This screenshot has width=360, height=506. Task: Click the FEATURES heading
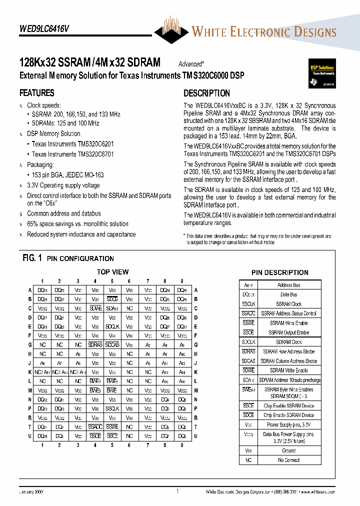36,93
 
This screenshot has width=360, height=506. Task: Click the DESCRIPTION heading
206,93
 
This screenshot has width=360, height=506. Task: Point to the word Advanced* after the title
191,64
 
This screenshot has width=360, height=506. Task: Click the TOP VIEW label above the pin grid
112,272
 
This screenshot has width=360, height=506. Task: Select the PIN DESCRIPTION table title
279,272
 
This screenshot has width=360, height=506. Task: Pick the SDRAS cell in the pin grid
95,345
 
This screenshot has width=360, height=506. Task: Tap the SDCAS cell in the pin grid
112,345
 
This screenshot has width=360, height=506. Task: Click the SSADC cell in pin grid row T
95,426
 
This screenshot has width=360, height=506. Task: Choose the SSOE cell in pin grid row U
95,435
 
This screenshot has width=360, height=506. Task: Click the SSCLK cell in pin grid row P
112,408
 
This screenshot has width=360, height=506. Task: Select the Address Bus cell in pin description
288,285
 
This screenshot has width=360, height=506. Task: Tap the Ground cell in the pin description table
288,450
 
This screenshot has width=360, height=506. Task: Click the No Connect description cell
288,460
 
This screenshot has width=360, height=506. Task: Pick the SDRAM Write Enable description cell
288,370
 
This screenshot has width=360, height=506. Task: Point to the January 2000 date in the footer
31,492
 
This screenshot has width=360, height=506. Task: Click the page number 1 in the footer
177,491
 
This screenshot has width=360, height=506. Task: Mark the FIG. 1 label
32,258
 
